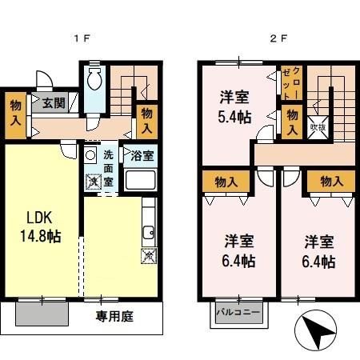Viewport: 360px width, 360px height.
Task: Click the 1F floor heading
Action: click(81, 38)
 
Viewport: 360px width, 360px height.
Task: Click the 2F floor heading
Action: click(278, 38)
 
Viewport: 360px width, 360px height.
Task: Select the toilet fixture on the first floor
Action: click(94, 80)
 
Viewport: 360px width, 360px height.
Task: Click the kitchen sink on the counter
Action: click(147, 234)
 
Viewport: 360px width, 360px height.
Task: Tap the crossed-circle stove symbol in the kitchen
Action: click(147, 257)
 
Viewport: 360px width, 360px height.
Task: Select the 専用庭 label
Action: click(116, 316)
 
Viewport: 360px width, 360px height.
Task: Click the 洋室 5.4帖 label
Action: click(234, 107)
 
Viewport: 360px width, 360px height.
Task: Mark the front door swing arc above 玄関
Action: click(46, 81)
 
